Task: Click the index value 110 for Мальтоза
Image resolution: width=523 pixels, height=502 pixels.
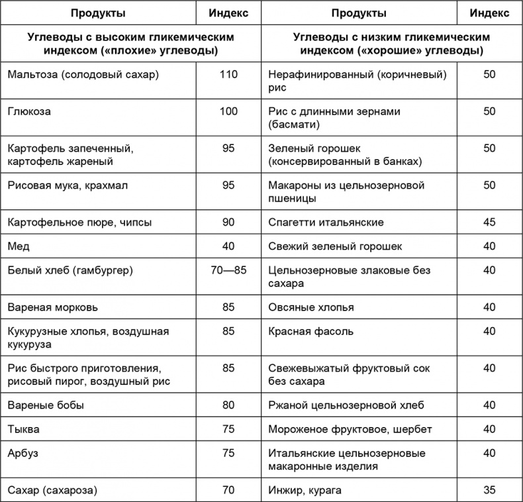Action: (x=228, y=74)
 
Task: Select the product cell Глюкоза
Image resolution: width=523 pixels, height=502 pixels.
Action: (x=29, y=111)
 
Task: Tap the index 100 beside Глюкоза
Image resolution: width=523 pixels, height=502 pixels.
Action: (x=228, y=111)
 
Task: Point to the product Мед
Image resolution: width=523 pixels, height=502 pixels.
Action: (x=17, y=246)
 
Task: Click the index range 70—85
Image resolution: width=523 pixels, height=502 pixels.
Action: (x=228, y=270)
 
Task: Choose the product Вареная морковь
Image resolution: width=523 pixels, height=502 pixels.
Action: (x=53, y=307)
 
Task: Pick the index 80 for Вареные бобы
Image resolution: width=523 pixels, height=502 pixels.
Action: (x=228, y=405)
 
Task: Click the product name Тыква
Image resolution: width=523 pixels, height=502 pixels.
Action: (x=23, y=429)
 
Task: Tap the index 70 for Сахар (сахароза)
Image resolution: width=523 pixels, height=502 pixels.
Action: (x=228, y=491)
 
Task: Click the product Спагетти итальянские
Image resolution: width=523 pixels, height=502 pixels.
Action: (x=326, y=222)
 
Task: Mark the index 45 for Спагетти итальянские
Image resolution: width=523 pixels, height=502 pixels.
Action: (x=489, y=222)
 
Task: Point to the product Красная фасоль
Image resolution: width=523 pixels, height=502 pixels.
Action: (x=311, y=331)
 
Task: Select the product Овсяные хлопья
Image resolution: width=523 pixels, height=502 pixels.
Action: (x=311, y=307)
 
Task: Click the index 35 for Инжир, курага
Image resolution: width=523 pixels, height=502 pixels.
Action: (x=489, y=491)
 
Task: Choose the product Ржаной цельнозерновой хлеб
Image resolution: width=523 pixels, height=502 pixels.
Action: (x=346, y=405)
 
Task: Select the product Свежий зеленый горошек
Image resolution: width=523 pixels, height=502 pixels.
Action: (x=335, y=246)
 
